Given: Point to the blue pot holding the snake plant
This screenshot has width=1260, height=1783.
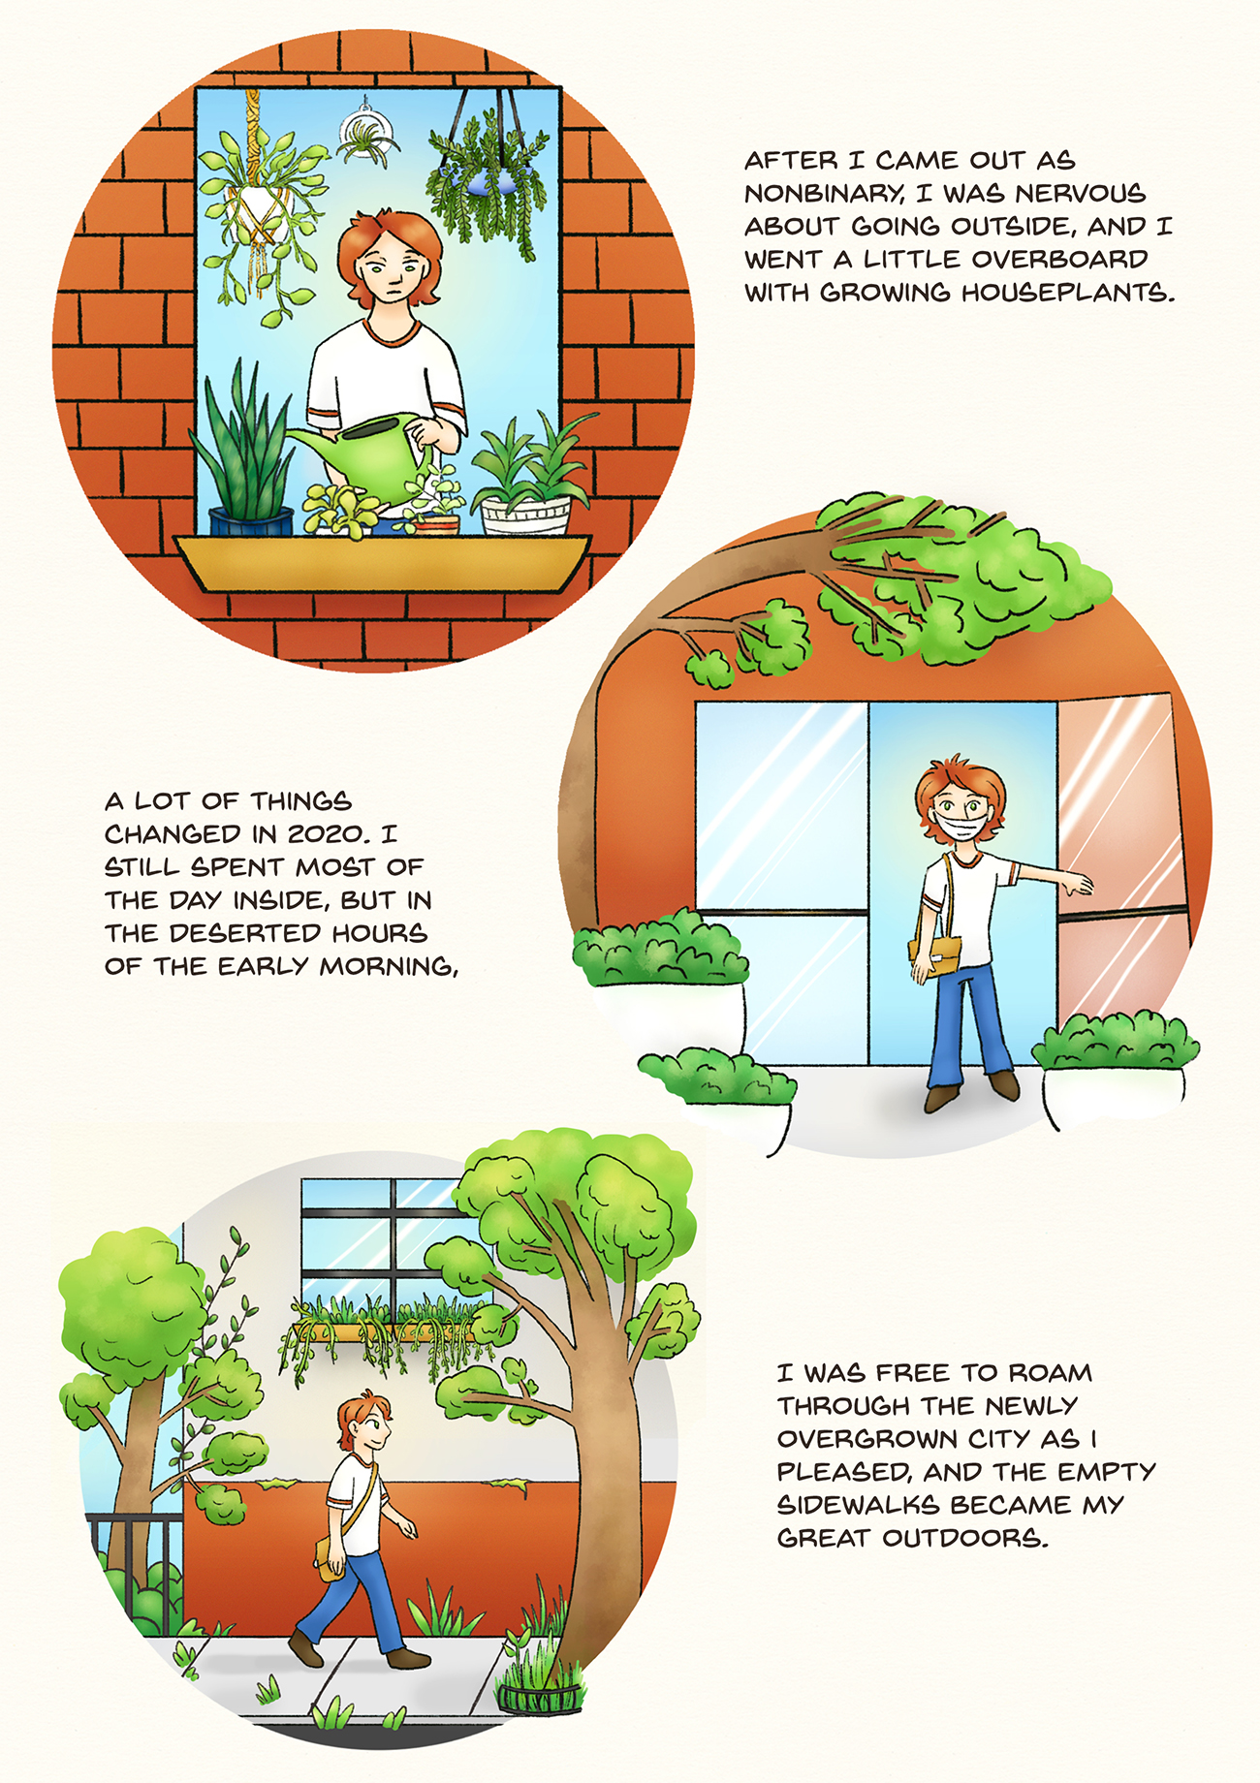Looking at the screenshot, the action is [251, 522].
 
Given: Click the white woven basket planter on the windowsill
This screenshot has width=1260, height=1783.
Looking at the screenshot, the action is [526, 515].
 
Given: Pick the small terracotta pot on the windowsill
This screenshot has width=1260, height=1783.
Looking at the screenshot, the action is [436, 524].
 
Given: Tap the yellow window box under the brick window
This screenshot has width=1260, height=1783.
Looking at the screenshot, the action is [383, 563].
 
